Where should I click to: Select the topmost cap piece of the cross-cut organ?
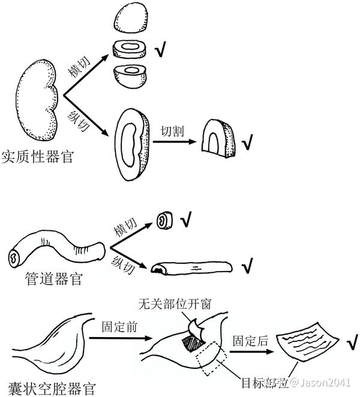pos(131,19)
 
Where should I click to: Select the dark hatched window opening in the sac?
pos(193,344)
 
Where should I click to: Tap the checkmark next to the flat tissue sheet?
pos(350,344)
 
